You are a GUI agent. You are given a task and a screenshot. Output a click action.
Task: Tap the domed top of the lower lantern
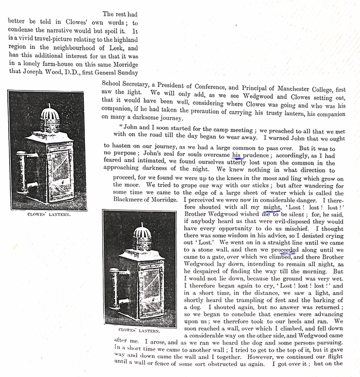(141, 234)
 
